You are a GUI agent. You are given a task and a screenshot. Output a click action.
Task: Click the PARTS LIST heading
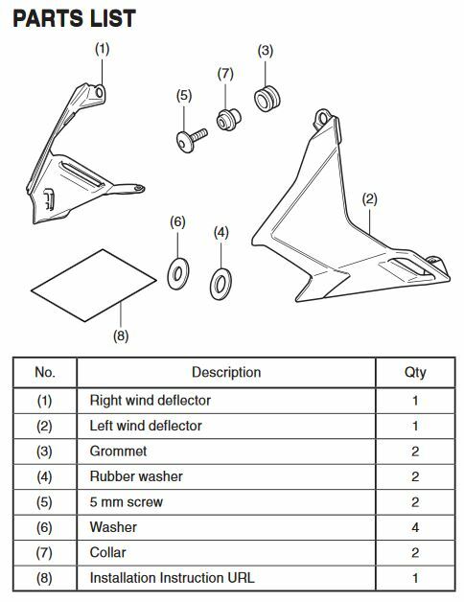[x=74, y=18]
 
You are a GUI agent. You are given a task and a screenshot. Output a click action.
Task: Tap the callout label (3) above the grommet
[x=265, y=51]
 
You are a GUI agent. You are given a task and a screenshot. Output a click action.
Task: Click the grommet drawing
[x=267, y=99]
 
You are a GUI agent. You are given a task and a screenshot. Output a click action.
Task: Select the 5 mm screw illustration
[x=192, y=140]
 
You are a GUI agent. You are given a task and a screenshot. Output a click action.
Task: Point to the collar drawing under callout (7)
[x=228, y=120]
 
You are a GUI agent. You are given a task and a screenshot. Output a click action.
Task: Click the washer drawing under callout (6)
[x=178, y=274]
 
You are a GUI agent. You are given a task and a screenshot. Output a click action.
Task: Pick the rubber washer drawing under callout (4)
[x=220, y=284]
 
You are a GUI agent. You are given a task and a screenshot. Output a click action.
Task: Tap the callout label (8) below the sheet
[x=121, y=336]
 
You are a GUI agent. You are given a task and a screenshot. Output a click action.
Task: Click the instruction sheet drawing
[x=93, y=286]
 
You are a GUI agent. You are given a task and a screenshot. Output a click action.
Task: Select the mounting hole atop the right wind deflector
[x=99, y=92]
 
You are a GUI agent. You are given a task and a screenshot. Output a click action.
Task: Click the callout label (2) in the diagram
[x=369, y=199]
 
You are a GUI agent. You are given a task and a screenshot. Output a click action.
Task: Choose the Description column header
[x=226, y=372]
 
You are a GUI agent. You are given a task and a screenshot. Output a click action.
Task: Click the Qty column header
[x=415, y=372]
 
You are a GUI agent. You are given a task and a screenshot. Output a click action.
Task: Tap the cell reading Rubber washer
[x=136, y=476]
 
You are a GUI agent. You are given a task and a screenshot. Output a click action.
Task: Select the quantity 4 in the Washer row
[x=415, y=527]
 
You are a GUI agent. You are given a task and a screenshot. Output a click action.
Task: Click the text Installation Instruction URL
[x=172, y=578]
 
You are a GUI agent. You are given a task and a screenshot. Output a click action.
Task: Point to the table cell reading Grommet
[x=118, y=451]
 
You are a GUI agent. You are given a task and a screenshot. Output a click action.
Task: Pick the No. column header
[x=45, y=372]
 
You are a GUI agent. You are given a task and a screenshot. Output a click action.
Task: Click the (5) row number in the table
[x=44, y=502]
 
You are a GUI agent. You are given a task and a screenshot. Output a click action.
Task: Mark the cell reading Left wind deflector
[x=146, y=426]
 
